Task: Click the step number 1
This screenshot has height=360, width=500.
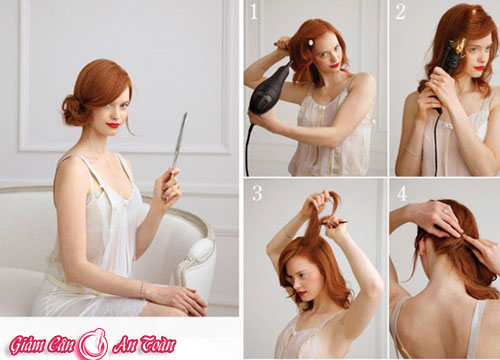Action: (x=254, y=11)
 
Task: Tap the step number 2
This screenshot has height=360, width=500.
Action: (x=400, y=11)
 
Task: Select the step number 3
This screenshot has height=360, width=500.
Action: (x=257, y=192)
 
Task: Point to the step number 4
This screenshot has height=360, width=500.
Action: (x=402, y=193)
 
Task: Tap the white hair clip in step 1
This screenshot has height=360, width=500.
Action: (x=311, y=43)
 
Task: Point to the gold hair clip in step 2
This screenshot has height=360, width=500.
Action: (x=457, y=46)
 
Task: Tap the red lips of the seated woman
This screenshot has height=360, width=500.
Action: (x=113, y=125)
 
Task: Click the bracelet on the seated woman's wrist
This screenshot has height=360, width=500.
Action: (x=143, y=290)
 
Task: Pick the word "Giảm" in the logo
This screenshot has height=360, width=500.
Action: (x=28, y=344)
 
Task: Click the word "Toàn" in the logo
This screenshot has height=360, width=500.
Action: (x=157, y=344)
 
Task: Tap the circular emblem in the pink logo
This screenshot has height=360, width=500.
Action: (x=93, y=344)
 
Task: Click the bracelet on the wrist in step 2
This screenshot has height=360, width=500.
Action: (x=413, y=152)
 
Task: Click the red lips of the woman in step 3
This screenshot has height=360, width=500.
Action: (x=302, y=293)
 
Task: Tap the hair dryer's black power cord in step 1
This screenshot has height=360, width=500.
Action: (x=248, y=147)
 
